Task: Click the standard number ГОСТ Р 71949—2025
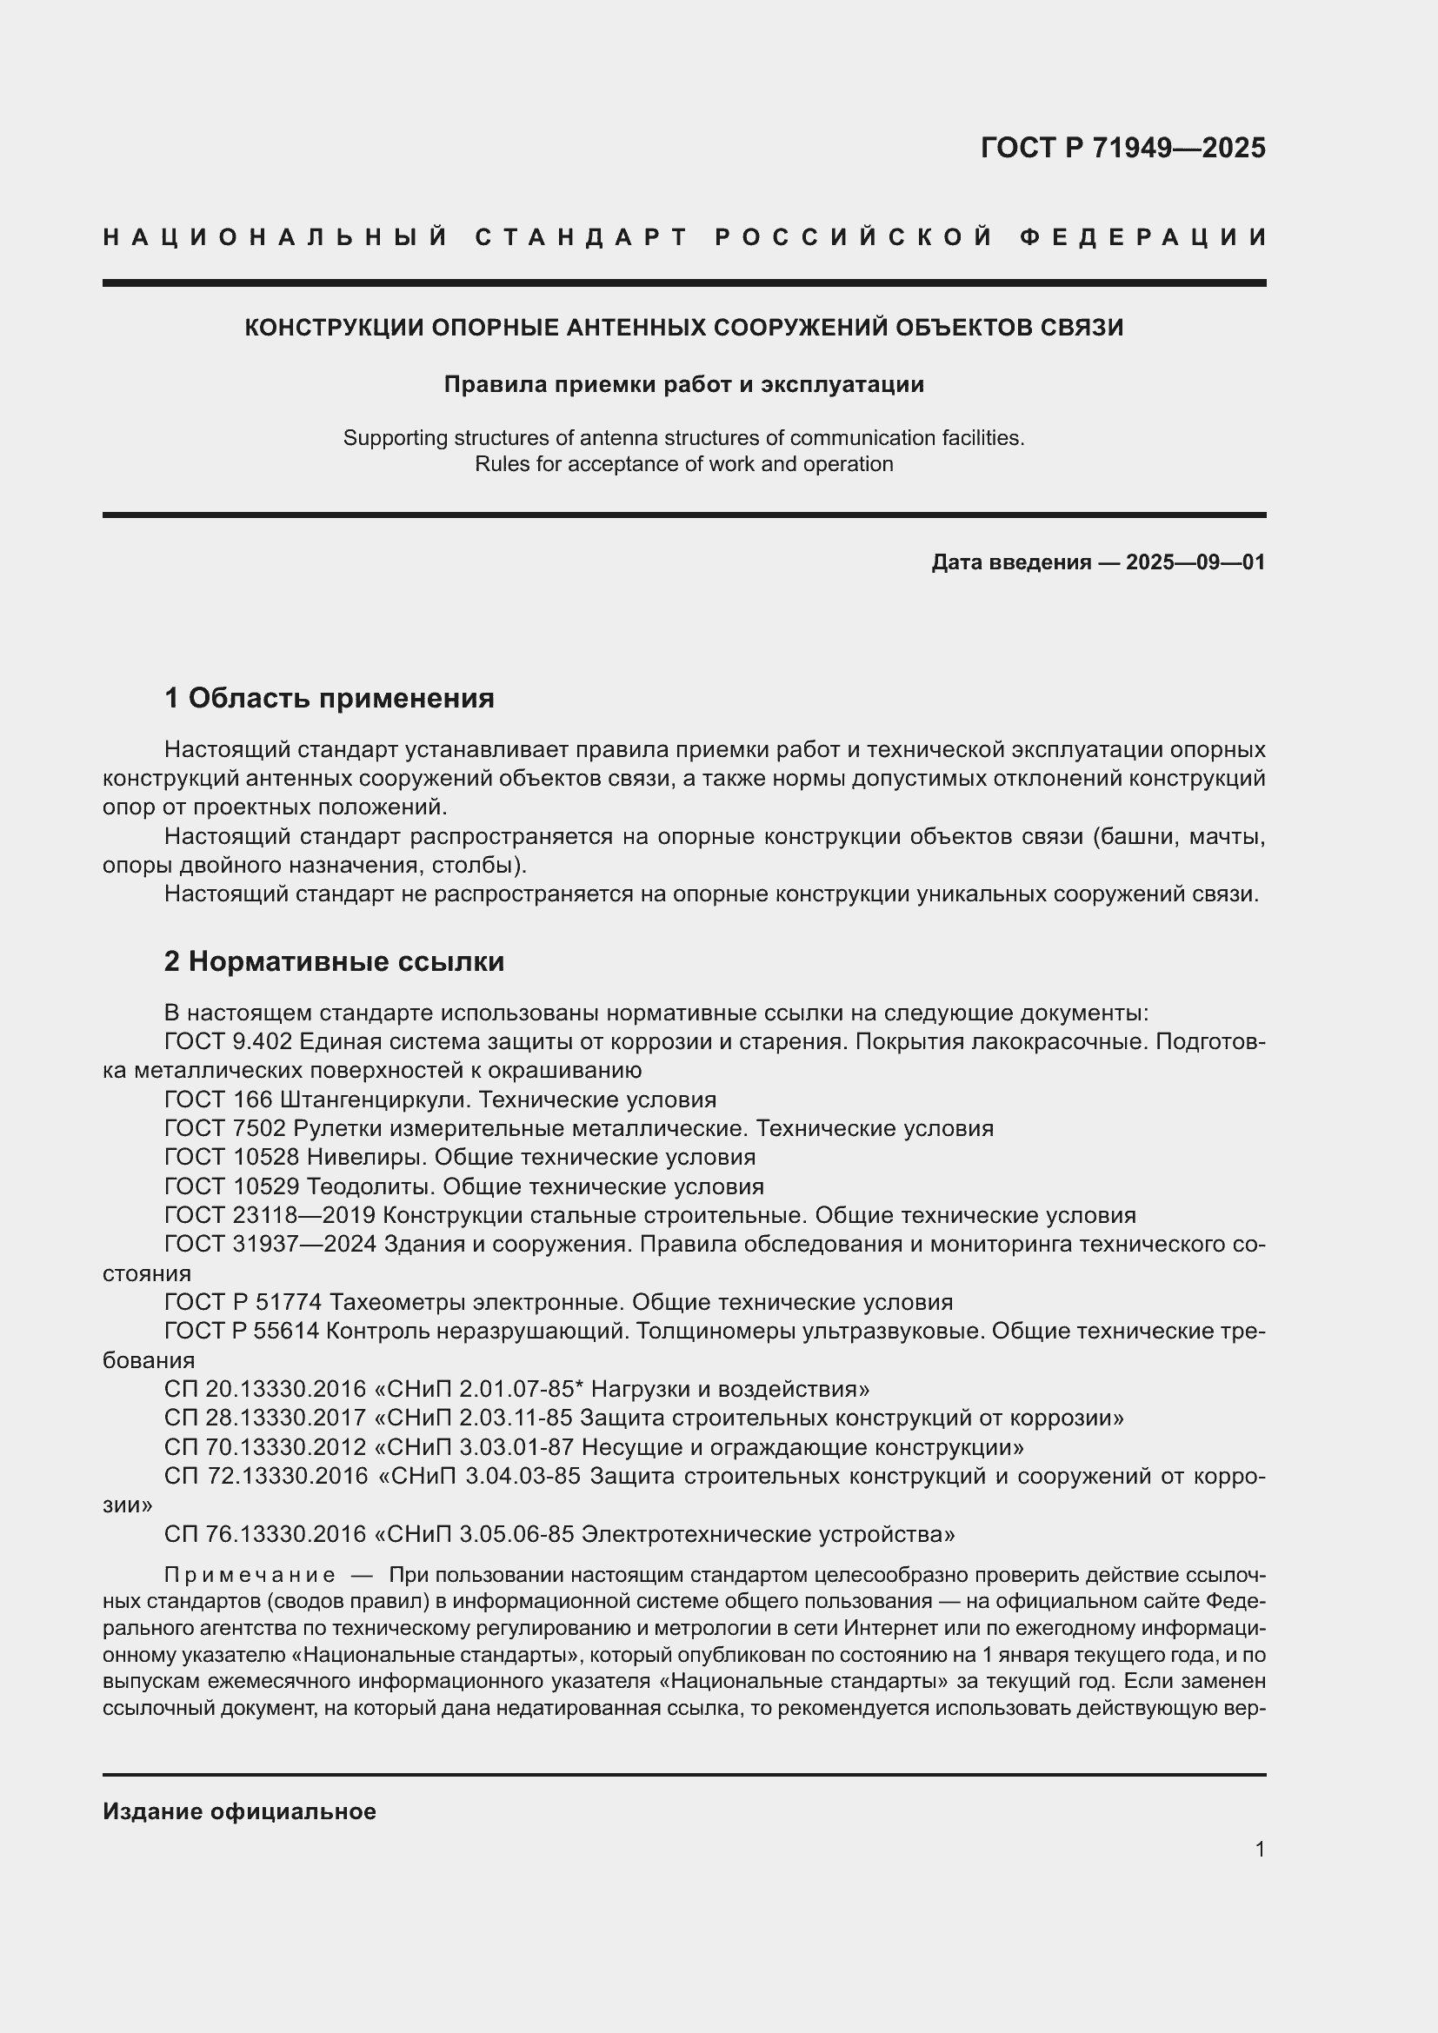pos(1122,148)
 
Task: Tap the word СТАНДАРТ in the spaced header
pos(582,237)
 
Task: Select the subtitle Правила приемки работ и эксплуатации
pos(683,384)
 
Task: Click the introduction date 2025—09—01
pos(1195,562)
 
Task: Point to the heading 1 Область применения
pos(330,699)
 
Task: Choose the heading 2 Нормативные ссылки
pos(334,961)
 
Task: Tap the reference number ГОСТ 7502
pos(225,1129)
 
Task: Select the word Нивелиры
pos(367,1157)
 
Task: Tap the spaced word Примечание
pos(250,1576)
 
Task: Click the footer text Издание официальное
pos(239,1811)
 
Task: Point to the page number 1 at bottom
pos(1260,1849)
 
